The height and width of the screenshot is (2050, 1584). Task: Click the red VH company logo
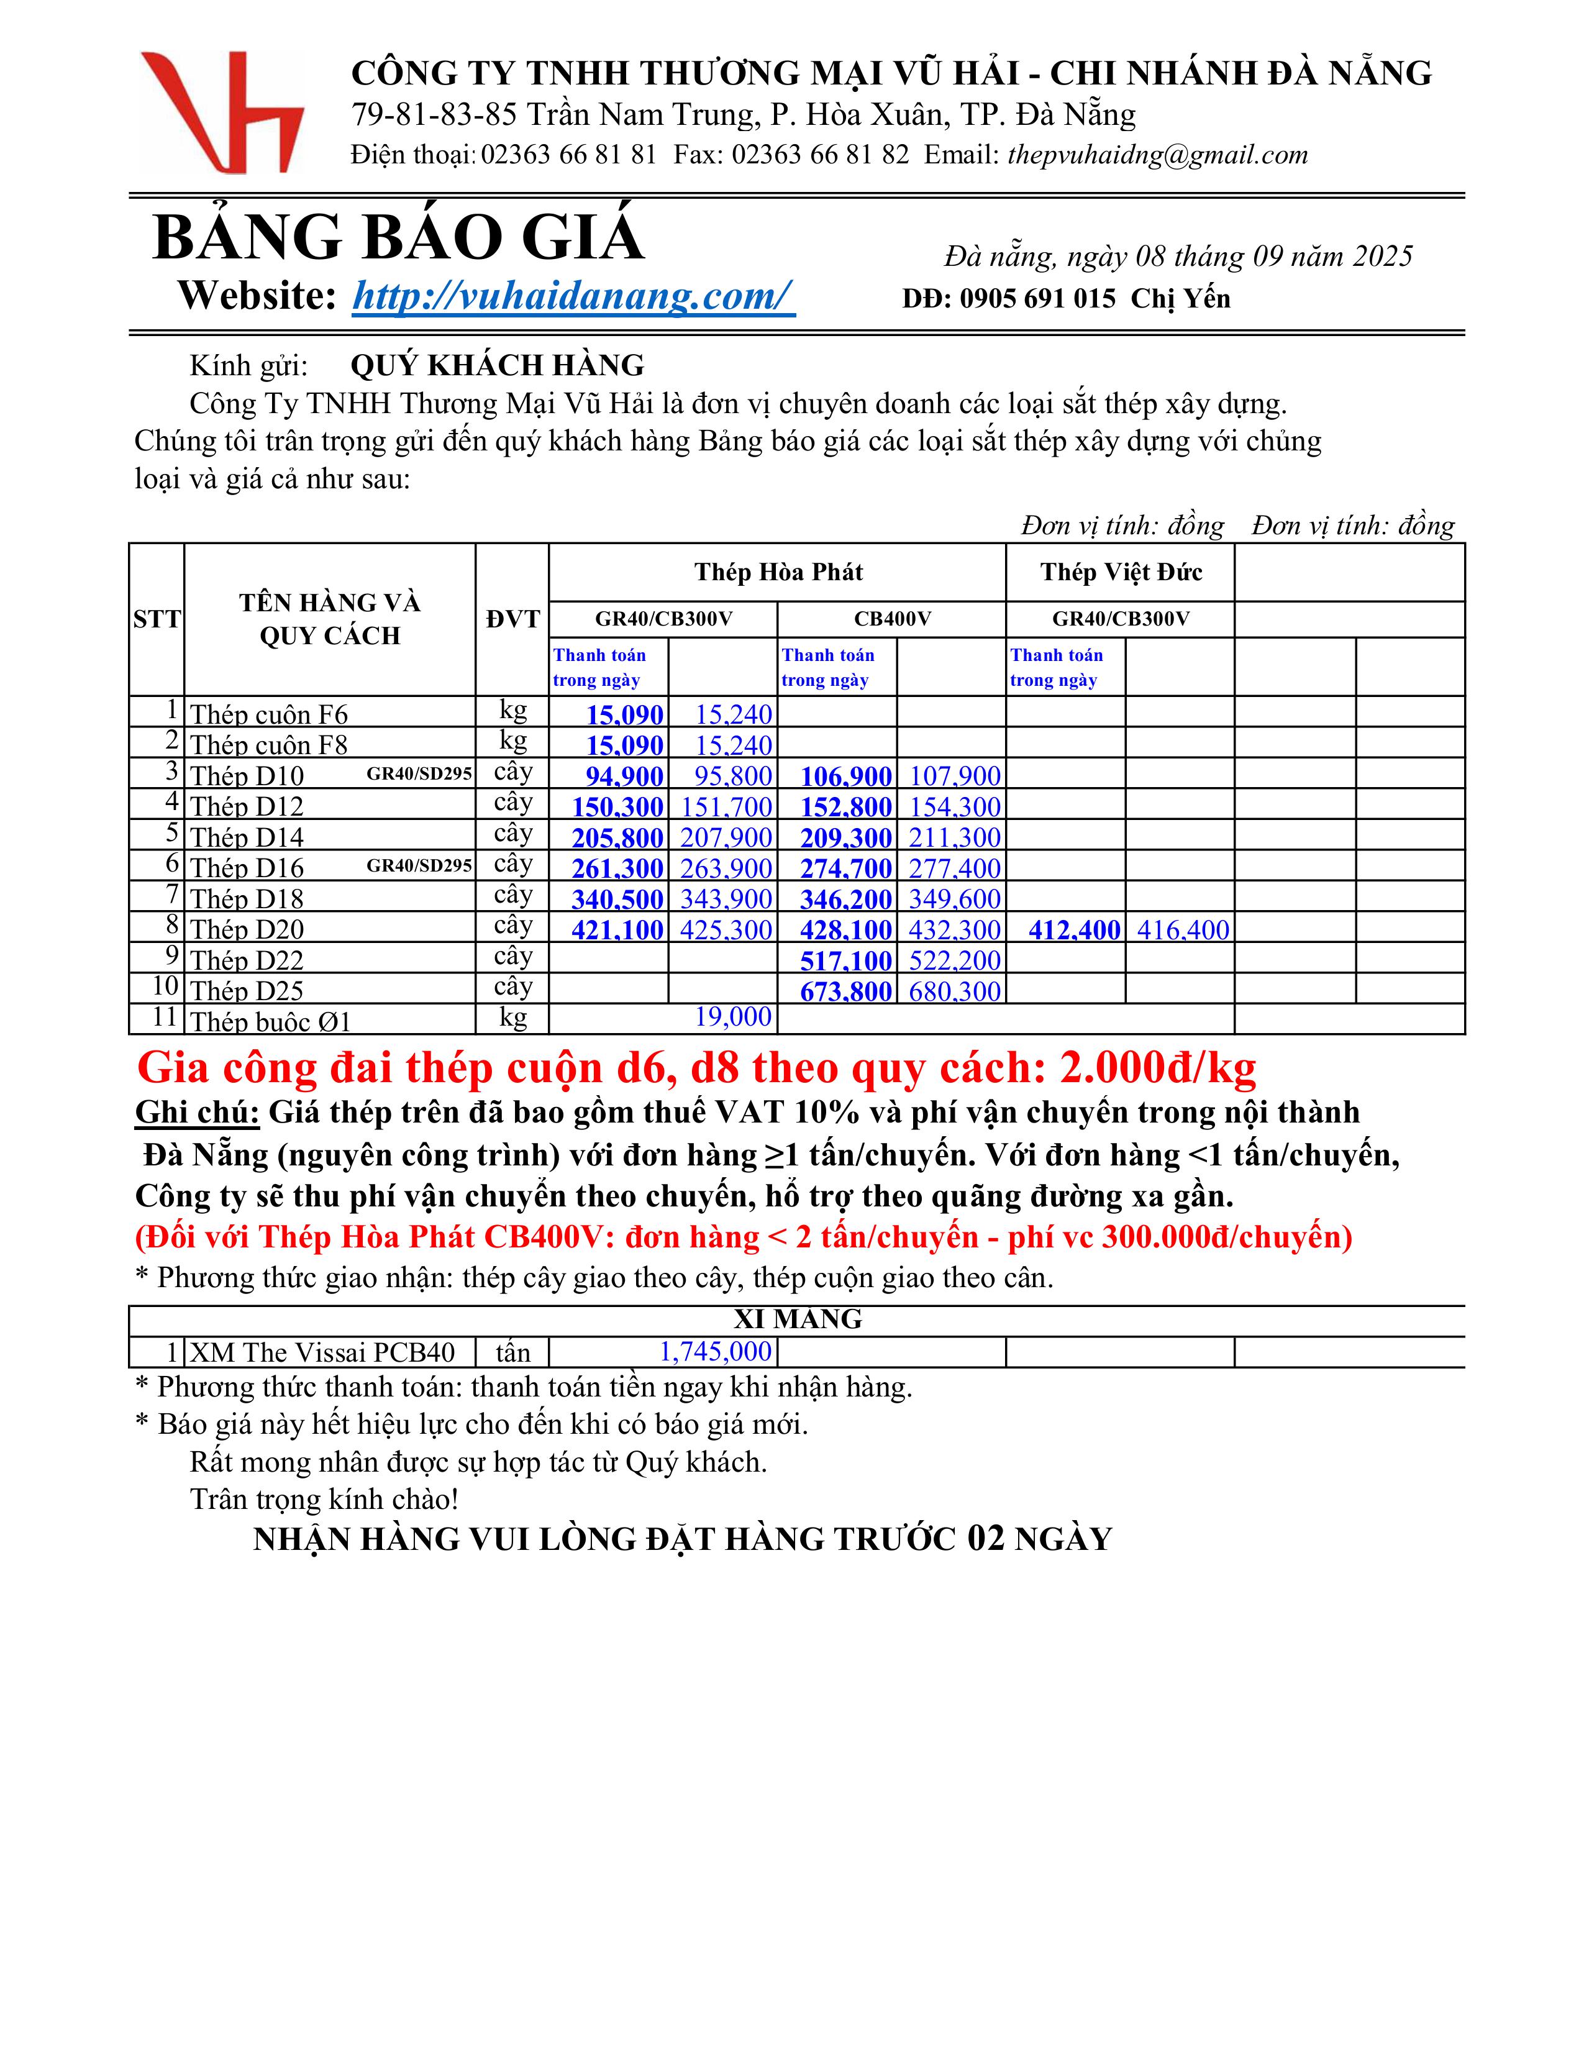pyautogui.click(x=222, y=112)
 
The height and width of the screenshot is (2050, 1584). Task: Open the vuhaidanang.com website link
pyautogui.click(x=573, y=296)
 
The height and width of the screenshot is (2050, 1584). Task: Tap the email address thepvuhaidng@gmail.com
pyautogui.click(x=1157, y=155)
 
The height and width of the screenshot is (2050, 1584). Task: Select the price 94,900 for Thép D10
pyautogui.click(x=624, y=777)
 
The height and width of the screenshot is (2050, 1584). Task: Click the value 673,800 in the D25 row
pyautogui.click(x=845, y=991)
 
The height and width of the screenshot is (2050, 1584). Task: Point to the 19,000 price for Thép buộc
pyautogui.click(x=733, y=1016)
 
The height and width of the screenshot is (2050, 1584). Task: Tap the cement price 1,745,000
pyautogui.click(x=715, y=1352)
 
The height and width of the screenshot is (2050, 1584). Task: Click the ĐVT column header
pyautogui.click(x=512, y=619)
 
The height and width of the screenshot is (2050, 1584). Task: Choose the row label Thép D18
pyautogui.click(x=247, y=900)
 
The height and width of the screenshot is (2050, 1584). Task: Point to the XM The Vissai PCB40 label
pyautogui.click(x=322, y=1352)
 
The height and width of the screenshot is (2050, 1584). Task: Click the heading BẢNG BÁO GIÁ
pyautogui.click(x=398, y=237)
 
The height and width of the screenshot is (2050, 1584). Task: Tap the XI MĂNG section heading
pyautogui.click(x=798, y=1319)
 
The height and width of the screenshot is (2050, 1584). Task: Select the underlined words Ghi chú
pyautogui.click(x=197, y=1113)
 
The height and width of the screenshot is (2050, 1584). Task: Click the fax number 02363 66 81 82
pyautogui.click(x=820, y=155)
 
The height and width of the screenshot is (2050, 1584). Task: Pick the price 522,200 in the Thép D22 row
pyautogui.click(x=954, y=960)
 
